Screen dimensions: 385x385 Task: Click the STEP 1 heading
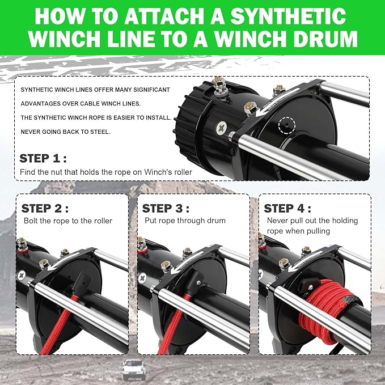[x=43, y=158]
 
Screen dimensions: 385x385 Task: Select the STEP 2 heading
[x=45, y=208]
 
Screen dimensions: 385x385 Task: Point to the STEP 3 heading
[x=166, y=208]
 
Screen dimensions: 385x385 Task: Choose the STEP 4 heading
[x=287, y=208]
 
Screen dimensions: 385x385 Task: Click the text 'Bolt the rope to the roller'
[x=67, y=221]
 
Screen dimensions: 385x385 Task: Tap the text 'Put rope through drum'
[x=185, y=221]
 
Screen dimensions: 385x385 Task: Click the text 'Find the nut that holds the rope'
[x=73, y=172]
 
